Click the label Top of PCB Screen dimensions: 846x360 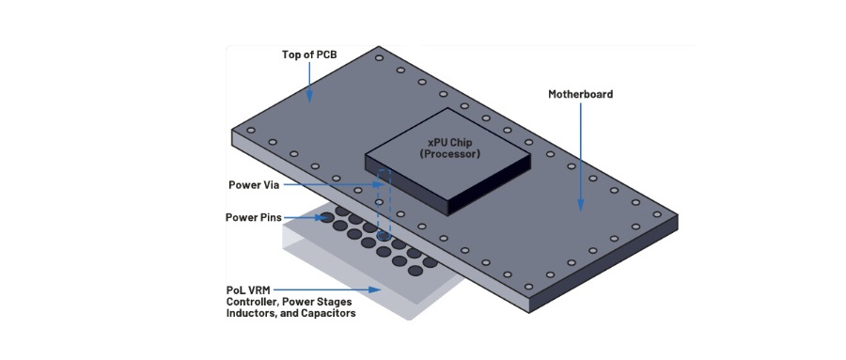click(309, 55)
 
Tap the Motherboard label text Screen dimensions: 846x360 click(581, 94)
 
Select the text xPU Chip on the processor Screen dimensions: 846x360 click(446, 144)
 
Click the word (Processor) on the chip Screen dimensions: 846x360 click(447, 154)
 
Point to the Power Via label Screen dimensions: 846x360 click(254, 185)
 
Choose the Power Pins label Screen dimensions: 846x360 click(254, 217)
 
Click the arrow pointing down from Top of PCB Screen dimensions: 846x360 click(309, 82)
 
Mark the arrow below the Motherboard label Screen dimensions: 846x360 click(581, 157)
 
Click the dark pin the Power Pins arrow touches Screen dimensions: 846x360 click(327, 218)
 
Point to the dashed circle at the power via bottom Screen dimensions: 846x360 click(384, 236)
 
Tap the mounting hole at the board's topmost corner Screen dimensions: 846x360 click(380, 57)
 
